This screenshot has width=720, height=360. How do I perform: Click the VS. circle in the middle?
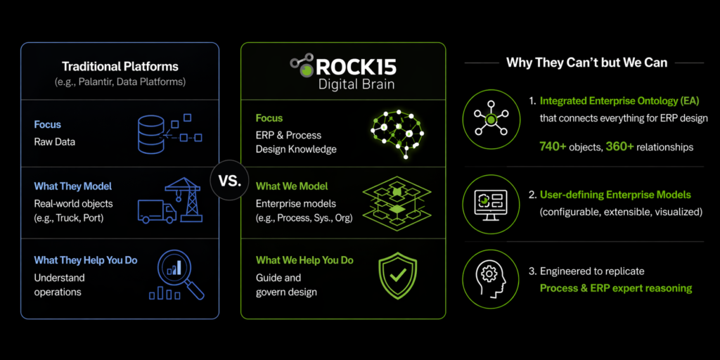tap(230, 181)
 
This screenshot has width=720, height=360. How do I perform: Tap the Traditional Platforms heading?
tap(120, 67)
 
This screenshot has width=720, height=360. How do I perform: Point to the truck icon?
tap(156, 210)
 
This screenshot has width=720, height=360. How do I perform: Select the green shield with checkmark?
tap(398, 276)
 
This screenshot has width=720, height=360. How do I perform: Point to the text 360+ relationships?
tap(650, 147)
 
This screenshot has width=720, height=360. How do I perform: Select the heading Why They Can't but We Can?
tap(586, 63)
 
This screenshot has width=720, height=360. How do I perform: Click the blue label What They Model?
tap(73, 186)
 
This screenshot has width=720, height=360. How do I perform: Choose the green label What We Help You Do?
tap(304, 260)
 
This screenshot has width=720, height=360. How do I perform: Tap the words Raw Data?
tap(54, 141)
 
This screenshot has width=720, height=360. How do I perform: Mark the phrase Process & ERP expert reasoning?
tap(616, 288)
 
